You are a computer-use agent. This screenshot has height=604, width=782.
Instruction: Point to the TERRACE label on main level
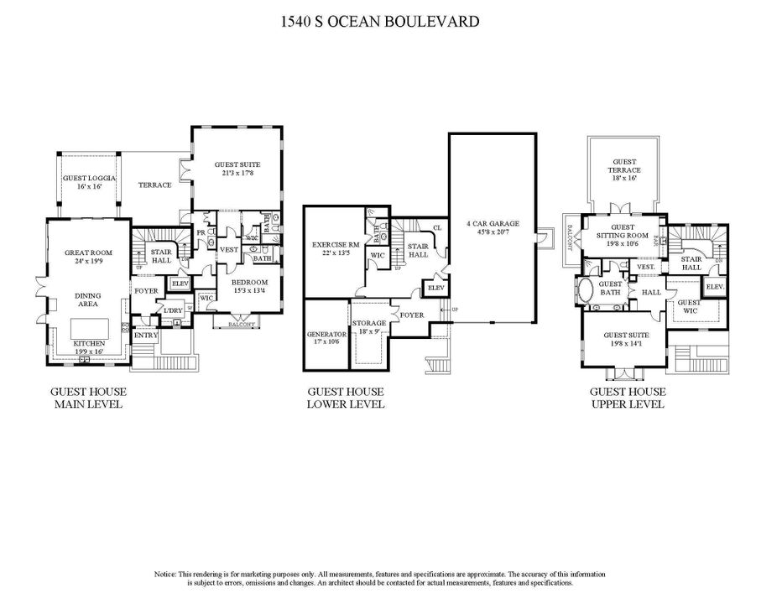[155, 185]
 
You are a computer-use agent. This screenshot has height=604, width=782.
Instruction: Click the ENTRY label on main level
[146, 336]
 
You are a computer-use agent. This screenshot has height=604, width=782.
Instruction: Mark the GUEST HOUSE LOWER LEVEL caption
[346, 398]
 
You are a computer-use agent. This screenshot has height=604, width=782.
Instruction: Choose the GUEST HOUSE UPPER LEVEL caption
[628, 398]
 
